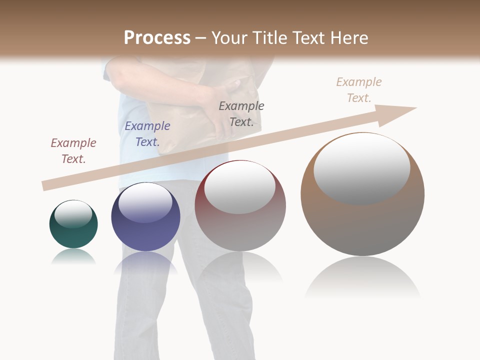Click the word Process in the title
coord(157,37)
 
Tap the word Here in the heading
coord(350,37)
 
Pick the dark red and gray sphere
coord(240,206)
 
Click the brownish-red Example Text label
coord(73,150)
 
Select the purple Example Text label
coord(147,133)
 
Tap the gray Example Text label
coord(241,113)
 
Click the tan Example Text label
coord(359,89)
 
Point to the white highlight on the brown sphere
coord(361,168)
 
